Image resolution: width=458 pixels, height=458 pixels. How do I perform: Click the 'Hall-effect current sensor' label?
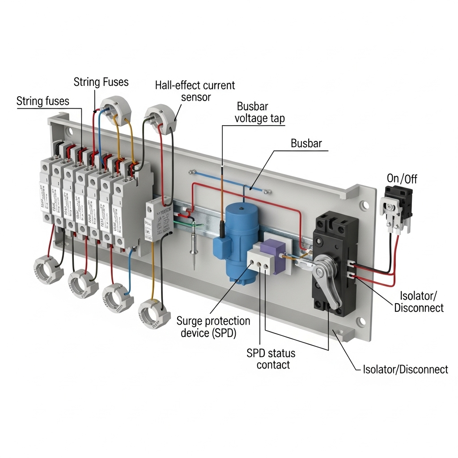195,90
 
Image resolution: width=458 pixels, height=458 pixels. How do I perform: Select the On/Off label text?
401,178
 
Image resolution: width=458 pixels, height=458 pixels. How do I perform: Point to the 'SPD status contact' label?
271,359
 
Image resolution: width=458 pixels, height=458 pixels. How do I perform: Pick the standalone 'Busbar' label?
306,143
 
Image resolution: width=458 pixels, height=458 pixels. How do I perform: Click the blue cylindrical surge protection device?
242,242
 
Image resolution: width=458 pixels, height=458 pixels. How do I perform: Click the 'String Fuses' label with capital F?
101,82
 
